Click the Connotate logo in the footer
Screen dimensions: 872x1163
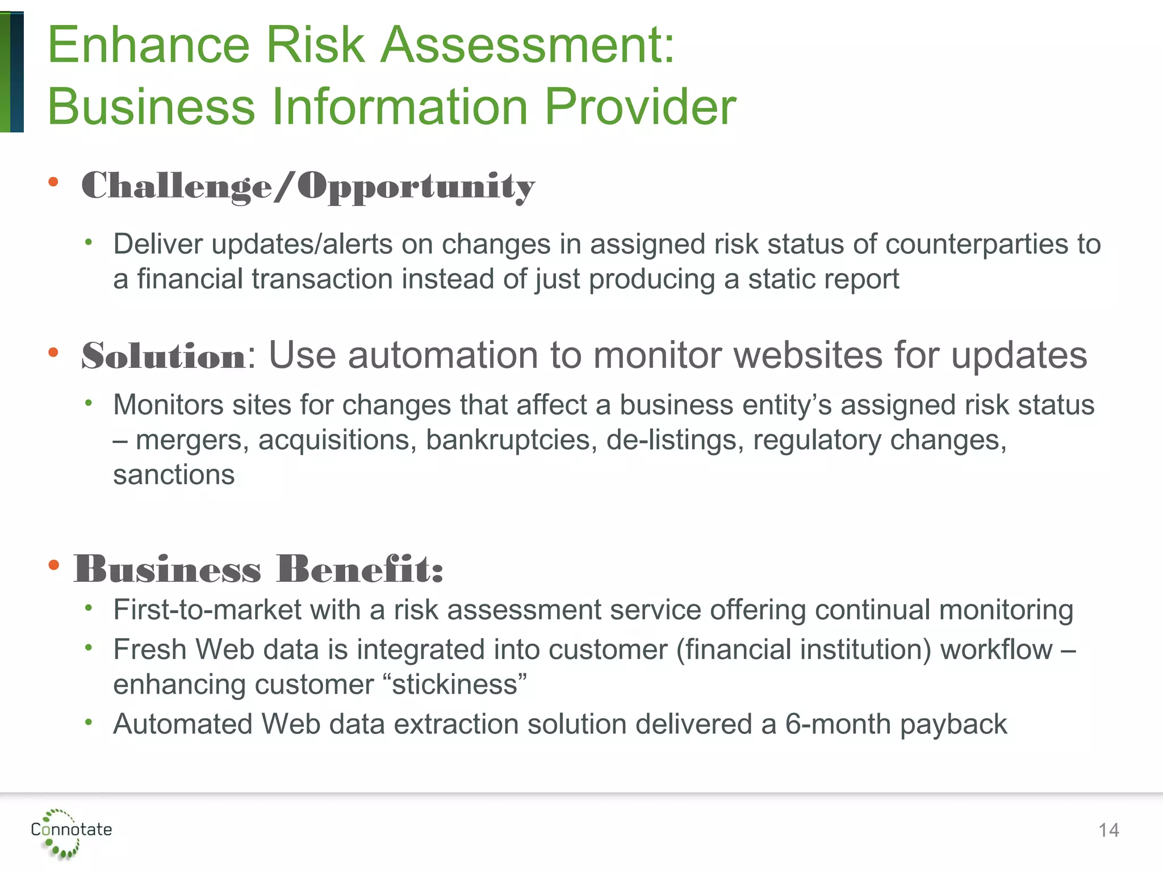[x=71, y=832]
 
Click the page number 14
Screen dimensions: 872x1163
[x=1108, y=831]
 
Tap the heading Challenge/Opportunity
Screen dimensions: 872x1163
[x=308, y=186]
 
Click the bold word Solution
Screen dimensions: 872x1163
[x=164, y=357]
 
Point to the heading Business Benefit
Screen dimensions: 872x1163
[x=258, y=569]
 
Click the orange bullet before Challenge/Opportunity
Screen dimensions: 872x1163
[x=53, y=182]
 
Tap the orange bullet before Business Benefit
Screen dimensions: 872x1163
[x=53, y=565]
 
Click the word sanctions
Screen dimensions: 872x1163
[x=174, y=475]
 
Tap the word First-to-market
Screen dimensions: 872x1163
[x=207, y=610]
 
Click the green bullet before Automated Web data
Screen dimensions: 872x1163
[x=88, y=722]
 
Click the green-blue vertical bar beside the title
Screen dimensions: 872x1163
[x=12, y=72]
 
